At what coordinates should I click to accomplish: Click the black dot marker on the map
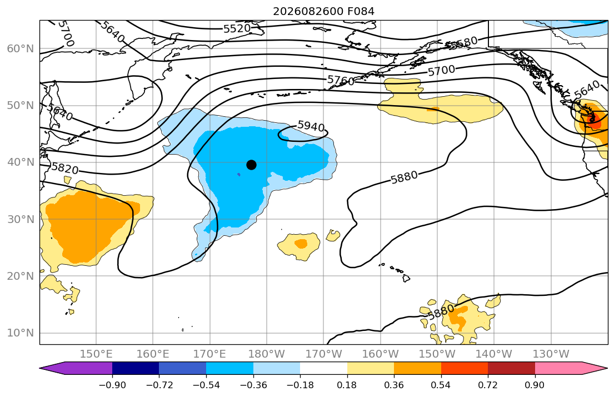(251, 165)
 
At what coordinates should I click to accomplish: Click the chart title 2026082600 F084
(323, 11)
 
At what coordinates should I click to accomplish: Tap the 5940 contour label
(311, 126)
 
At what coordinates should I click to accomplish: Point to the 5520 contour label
(237, 28)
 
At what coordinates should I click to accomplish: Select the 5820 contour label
(65, 168)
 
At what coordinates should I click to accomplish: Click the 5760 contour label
(341, 81)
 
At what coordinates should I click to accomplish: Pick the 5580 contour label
(463, 43)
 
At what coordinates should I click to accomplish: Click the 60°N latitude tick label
(21, 48)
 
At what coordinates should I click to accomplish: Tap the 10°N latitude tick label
(21, 333)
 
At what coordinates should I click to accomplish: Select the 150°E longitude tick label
(96, 354)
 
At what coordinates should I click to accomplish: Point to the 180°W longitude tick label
(267, 354)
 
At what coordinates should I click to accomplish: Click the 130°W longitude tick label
(551, 354)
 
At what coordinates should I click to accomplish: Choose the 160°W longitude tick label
(380, 354)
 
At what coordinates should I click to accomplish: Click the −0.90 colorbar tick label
(112, 385)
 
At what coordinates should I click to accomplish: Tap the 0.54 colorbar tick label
(441, 385)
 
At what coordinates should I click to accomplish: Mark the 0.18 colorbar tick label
(347, 385)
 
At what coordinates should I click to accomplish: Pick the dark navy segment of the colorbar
(136, 368)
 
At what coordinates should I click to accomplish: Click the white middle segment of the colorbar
(323, 368)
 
